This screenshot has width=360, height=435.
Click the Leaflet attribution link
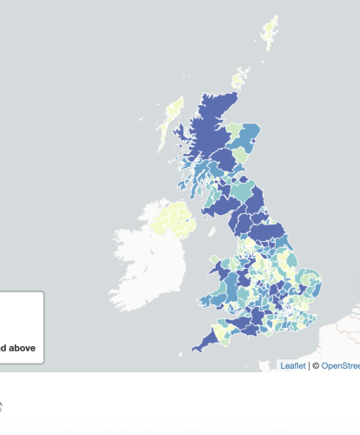point(293,366)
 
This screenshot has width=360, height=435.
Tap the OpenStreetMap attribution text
point(341,366)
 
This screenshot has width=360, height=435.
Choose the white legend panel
point(21,326)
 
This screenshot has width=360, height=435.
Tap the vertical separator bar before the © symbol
point(309,366)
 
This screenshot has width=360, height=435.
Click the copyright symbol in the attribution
point(316,366)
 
